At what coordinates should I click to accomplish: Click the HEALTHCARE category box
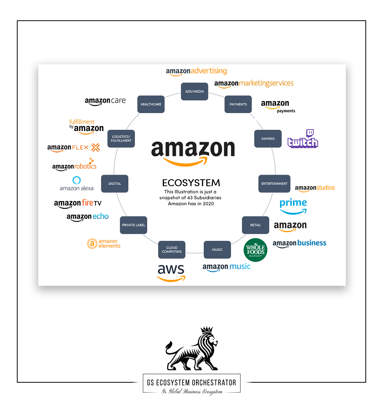(151, 104)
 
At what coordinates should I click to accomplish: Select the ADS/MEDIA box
(195, 92)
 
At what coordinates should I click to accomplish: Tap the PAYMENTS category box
(238, 104)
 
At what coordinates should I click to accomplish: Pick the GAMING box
(268, 139)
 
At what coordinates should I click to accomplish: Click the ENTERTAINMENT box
(274, 183)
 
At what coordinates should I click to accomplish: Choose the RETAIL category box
(255, 225)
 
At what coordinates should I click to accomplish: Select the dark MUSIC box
(217, 250)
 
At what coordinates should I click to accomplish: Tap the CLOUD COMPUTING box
(172, 250)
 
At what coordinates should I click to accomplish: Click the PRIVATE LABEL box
(134, 225)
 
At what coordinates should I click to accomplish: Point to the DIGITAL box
(115, 183)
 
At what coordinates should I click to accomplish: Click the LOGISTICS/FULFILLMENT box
(121, 139)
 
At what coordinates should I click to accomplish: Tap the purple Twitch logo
(303, 139)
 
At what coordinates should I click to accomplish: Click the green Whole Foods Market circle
(255, 250)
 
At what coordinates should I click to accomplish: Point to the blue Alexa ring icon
(77, 180)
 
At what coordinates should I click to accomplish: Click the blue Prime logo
(293, 206)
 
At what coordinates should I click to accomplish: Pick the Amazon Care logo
(105, 102)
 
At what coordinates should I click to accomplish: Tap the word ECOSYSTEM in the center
(191, 182)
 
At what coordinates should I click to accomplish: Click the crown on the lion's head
(207, 330)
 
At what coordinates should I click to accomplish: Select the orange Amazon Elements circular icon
(92, 244)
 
